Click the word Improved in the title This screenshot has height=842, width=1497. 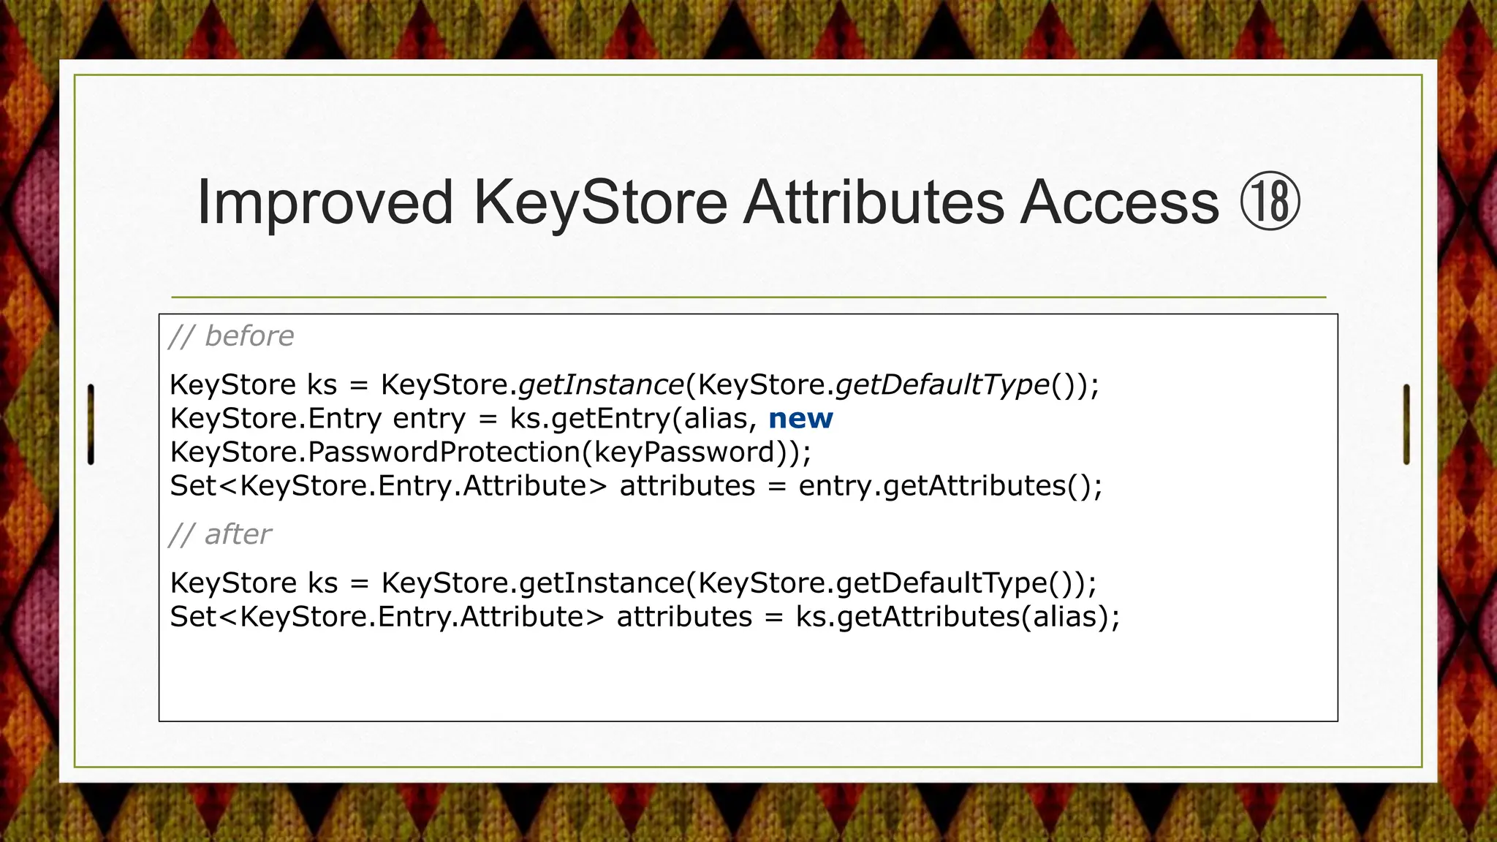[325, 202]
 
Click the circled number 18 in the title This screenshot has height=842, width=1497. [1270, 202]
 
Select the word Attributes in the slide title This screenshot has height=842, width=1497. [873, 202]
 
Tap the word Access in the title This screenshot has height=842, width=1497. [1119, 202]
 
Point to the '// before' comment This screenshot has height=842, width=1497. [231, 336]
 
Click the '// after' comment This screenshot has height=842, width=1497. [220, 534]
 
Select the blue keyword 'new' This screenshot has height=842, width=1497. [800, 419]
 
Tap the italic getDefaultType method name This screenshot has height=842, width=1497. [942, 384]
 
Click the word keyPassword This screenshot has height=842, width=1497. [683, 452]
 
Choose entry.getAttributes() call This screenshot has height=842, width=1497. [950, 486]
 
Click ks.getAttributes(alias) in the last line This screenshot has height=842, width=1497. [957, 617]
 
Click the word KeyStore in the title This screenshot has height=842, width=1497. [600, 202]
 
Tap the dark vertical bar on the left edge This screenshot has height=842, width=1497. [91, 424]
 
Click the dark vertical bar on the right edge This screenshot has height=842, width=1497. [1406, 424]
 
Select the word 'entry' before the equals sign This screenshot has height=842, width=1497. [429, 419]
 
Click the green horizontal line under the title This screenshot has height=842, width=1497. [748, 297]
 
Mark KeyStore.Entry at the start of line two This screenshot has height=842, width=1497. [276, 419]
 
